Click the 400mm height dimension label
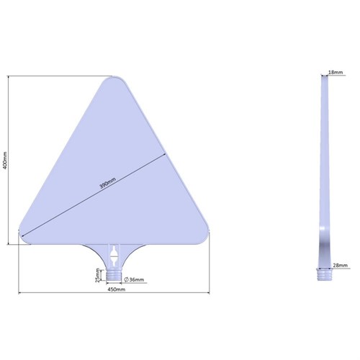pos(5,159)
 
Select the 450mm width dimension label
pos(116,289)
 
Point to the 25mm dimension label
pos(99,275)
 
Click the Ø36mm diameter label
pos(134,279)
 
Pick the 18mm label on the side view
pos(336,73)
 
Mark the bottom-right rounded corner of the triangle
pos(206,235)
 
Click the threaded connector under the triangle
pos(115,276)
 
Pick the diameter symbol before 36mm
pos(127,279)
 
